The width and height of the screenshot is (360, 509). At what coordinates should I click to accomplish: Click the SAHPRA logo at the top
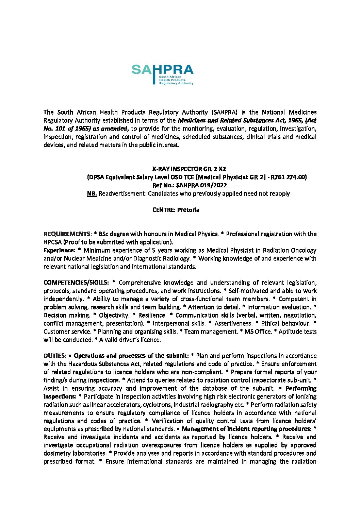[162, 74]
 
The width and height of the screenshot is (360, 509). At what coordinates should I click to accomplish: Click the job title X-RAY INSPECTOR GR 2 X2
[189, 169]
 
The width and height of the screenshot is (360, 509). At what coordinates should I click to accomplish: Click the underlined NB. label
[92, 193]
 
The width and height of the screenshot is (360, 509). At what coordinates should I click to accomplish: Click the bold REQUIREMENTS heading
[67, 234]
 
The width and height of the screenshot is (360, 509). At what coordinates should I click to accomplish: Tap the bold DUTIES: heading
[55, 356]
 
